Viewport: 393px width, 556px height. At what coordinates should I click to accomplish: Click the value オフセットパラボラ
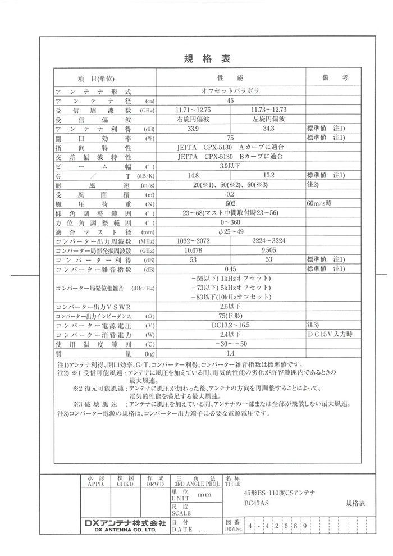230,90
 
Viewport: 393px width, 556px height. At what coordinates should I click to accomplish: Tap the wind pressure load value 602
230,204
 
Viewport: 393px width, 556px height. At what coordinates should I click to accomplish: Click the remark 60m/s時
320,204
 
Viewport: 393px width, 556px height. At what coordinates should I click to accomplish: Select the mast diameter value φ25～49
230,233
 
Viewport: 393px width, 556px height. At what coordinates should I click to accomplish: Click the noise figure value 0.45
230,270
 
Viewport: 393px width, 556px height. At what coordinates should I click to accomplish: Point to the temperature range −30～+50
230,344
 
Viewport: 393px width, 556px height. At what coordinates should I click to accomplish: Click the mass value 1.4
230,353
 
